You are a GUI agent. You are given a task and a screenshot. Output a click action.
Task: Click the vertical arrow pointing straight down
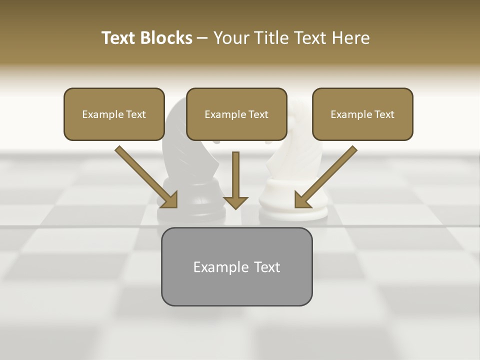point(235,175)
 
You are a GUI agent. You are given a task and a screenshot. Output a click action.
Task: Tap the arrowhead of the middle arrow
point(235,202)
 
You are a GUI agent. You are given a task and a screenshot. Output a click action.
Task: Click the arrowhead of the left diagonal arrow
point(170,200)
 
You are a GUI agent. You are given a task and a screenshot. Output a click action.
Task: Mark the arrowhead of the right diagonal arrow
point(301,200)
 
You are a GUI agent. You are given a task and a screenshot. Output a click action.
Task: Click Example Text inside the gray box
point(236,267)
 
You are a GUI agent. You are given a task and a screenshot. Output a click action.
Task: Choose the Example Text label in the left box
point(114,114)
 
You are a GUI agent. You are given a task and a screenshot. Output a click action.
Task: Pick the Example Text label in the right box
point(362,114)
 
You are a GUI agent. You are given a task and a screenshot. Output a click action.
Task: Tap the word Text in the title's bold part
point(118,38)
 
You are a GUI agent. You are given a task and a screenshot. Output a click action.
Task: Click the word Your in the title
point(230,38)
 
